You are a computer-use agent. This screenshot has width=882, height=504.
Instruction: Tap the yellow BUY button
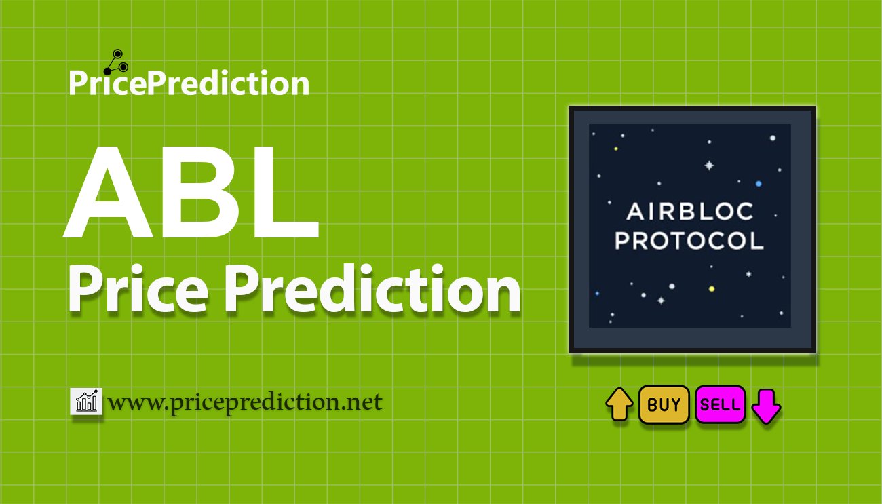(x=664, y=405)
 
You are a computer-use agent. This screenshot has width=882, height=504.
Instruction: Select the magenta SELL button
(x=720, y=405)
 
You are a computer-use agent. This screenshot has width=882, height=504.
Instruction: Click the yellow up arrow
(x=619, y=405)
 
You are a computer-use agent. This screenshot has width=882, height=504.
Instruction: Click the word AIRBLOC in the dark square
(x=689, y=212)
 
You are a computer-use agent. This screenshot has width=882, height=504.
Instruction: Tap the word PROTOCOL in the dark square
(x=689, y=241)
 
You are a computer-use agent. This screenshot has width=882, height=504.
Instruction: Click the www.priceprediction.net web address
(x=245, y=402)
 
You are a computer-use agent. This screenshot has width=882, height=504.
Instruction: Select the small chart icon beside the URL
(x=86, y=402)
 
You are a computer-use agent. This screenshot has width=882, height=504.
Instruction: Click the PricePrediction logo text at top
(x=189, y=83)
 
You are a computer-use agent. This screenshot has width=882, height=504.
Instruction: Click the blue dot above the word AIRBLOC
(x=759, y=184)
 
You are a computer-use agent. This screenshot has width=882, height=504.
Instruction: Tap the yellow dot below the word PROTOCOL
(x=712, y=289)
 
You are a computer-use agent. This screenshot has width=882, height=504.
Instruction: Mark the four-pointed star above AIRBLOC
(x=710, y=165)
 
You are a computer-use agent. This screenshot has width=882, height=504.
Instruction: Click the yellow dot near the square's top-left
(x=616, y=149)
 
